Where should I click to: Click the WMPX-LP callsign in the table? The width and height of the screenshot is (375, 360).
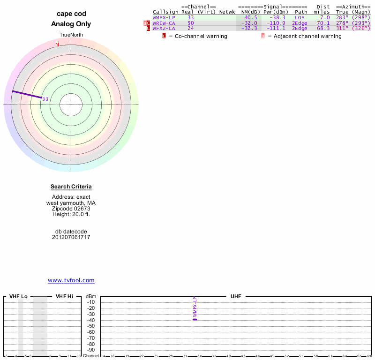click(164, 17)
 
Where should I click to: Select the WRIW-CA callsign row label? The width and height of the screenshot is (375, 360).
click(164, 23)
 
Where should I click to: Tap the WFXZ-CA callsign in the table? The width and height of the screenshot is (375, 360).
click(164, 28)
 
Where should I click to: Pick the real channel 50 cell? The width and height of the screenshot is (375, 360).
click(190, 23)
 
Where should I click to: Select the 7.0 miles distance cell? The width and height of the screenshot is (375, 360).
click(325, 17)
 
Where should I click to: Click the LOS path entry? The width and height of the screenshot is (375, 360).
click(300, 17)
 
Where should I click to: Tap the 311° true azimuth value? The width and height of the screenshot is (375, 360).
click(342, 28)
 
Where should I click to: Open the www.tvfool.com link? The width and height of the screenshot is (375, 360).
click(71, 280)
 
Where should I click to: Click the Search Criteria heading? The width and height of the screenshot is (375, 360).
click(71, 187)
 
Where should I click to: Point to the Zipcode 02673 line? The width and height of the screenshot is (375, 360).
click(71, 208)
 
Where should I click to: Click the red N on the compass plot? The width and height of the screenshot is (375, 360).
click(57, 45)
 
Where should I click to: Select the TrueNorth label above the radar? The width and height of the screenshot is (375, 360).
click(71, 35)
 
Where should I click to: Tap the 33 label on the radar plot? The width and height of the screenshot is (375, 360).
click(45, 99)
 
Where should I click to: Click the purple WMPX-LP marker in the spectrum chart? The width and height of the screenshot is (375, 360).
click(195, 319)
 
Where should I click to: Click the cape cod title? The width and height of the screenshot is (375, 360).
click(71, 14)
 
